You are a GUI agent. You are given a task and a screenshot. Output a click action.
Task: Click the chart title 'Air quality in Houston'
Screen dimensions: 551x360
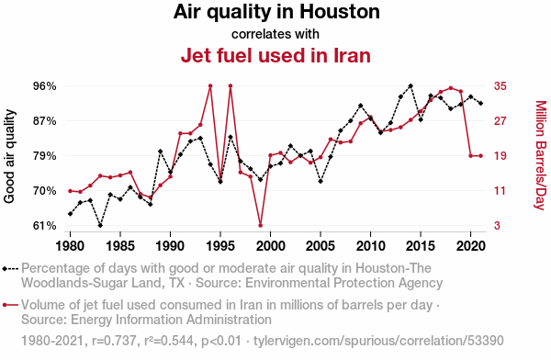coord(276,12)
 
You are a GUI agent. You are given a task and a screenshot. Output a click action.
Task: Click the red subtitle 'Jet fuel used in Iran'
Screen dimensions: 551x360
coord(275,55)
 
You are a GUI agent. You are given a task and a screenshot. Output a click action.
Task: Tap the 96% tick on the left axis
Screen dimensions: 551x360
coord(45,86)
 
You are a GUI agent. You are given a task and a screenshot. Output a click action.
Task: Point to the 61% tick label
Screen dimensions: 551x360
coord(45,226)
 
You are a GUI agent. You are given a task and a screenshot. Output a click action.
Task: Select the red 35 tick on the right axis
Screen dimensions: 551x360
coord(500,86)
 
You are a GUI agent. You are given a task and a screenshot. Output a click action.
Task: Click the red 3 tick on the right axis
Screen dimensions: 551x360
coord(497,226)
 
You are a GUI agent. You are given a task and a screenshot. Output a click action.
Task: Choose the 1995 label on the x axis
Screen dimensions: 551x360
coord(220,246)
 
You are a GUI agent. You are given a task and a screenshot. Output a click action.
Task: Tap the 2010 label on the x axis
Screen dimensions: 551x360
coord(370,246)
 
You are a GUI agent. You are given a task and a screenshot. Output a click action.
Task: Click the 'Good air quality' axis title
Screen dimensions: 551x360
coord(9,156)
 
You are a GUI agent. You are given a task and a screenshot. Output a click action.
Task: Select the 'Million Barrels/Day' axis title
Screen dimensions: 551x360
coord(541,155)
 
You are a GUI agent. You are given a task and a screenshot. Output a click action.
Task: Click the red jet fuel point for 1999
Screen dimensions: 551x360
coord(261,225)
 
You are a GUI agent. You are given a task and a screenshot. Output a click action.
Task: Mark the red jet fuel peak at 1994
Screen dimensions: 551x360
coord(210,85)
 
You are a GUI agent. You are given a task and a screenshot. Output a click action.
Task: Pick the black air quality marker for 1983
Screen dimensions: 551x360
coord(100,225)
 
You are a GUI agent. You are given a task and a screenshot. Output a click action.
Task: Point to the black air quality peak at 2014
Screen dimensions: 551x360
coord(410,85)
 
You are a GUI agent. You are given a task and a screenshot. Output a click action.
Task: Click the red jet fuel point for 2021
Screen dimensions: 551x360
coord(480,156)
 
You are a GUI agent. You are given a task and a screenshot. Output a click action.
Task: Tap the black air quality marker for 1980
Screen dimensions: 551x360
coord(71,214)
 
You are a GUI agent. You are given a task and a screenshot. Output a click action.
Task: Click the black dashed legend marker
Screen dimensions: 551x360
coord(10,269)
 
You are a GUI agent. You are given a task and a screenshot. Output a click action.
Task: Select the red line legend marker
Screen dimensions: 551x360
coord(10,305)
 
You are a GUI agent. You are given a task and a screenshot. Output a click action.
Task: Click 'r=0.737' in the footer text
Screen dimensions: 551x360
coord(114,341)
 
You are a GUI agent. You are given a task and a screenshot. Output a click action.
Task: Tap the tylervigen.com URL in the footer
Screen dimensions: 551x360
coord(378,341)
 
